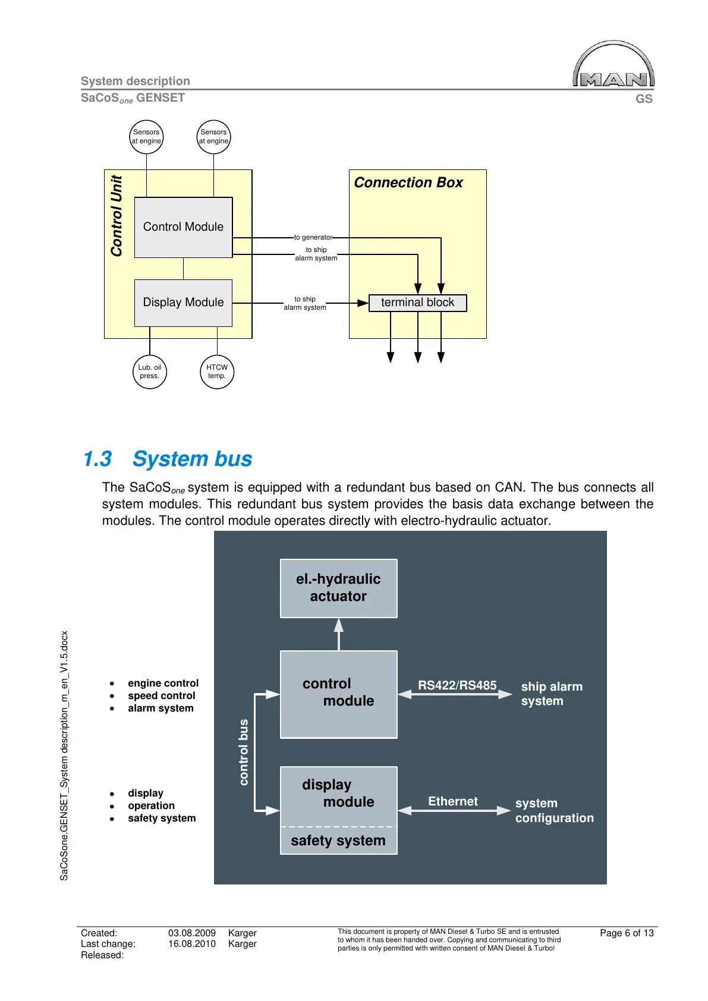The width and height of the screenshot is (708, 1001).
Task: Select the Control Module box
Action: click(x=183, y=227)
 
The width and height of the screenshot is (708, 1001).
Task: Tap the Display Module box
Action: click(x=183, y=303)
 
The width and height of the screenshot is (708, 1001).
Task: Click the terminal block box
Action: click(x=417, y=303)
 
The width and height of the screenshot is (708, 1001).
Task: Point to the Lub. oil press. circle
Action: click(x=150, y=372)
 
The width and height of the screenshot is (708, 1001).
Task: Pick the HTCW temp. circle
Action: click(x=217, y=372)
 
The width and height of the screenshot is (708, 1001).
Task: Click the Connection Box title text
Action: click(x=408, y=183)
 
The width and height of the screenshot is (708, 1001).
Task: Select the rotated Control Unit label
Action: click(x=117, y=216)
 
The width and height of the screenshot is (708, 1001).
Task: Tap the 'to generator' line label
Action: click(x=313, y=237)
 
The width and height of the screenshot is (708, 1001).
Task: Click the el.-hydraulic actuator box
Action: click(x=338, y=588)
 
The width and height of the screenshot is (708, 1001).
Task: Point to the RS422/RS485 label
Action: click(x=457, y=685)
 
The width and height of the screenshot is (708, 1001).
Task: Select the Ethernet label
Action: click(x=453, y=801)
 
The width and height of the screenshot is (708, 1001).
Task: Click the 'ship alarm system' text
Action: click(x=551, y=694)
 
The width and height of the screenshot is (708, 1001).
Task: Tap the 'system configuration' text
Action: click(x=554, y=810)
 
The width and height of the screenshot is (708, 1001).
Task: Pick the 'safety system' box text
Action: click(x=338, y=841)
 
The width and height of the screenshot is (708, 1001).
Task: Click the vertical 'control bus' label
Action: click(x=244, y=752)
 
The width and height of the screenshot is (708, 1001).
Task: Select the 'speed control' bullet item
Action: click(x=161, y=695)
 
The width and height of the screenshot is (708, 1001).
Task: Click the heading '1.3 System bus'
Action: click(x=168, y=459)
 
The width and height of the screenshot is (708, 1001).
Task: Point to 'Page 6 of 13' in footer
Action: click(x=627, y=933)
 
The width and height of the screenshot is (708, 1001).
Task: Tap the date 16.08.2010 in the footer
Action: click(x=191, y=944)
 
